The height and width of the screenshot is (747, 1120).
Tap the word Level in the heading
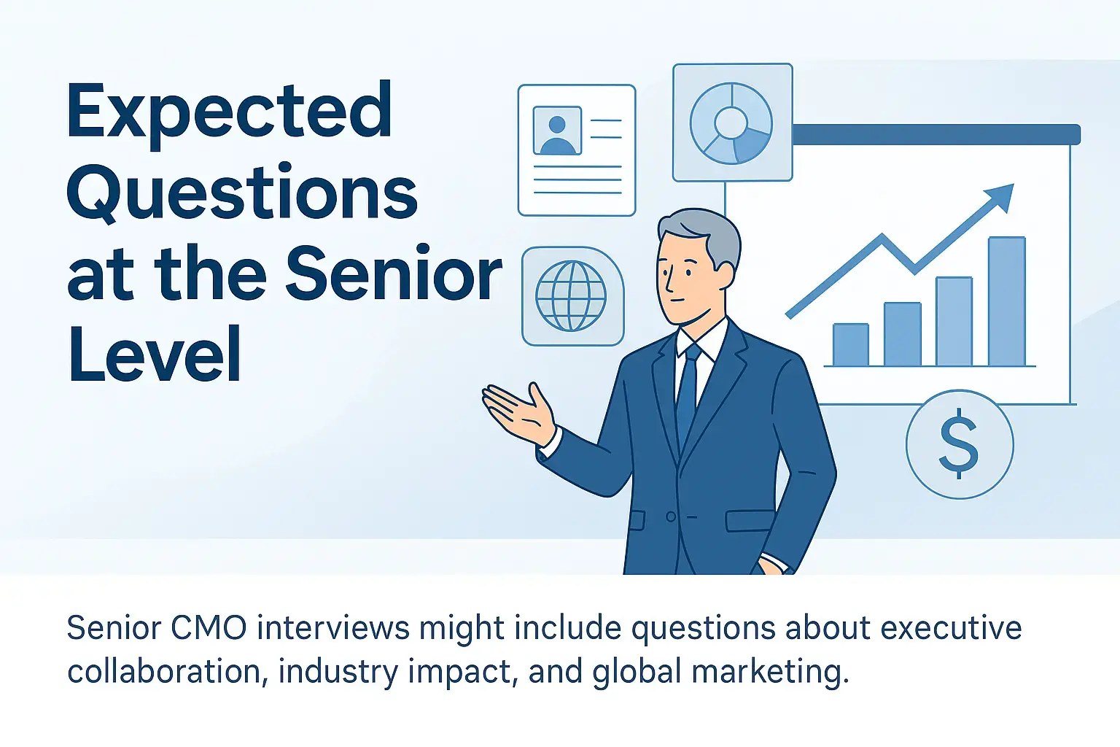[x=155, y=353]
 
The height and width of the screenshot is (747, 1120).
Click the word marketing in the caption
[x=770, y=671]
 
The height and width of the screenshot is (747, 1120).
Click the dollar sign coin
[x=960, y=444]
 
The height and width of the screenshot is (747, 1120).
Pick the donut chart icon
[x=732, y=123]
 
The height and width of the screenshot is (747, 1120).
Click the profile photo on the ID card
[x=557, y=130]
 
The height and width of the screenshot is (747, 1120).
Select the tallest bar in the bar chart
[x=1007, y=301]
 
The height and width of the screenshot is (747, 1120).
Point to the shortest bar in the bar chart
[x=850, y=345]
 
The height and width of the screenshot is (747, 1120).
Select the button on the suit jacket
[x=671, y=516]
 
